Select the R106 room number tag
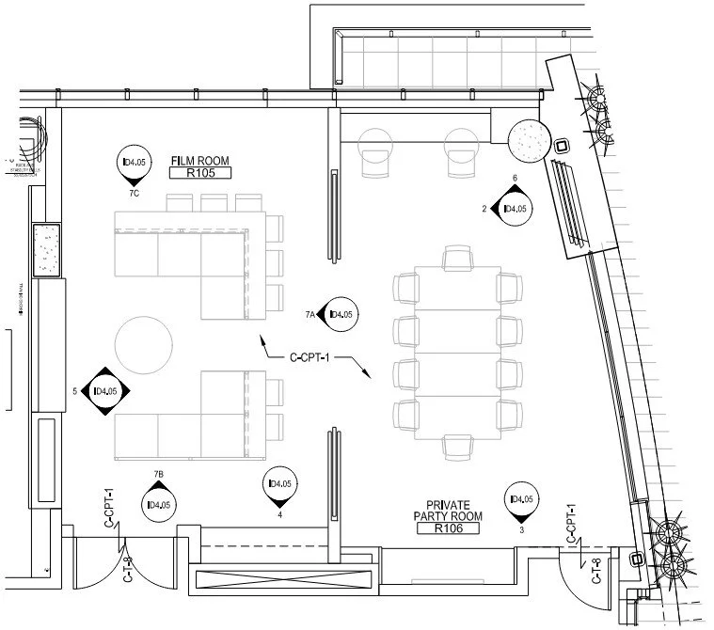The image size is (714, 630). (449, 529)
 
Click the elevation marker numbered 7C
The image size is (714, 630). (135, 164)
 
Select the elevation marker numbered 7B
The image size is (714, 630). (158, 503)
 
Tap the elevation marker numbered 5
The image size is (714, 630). (103, 391)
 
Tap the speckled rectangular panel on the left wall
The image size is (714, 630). (46, 250)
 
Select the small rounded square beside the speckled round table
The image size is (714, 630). (562, 147)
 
